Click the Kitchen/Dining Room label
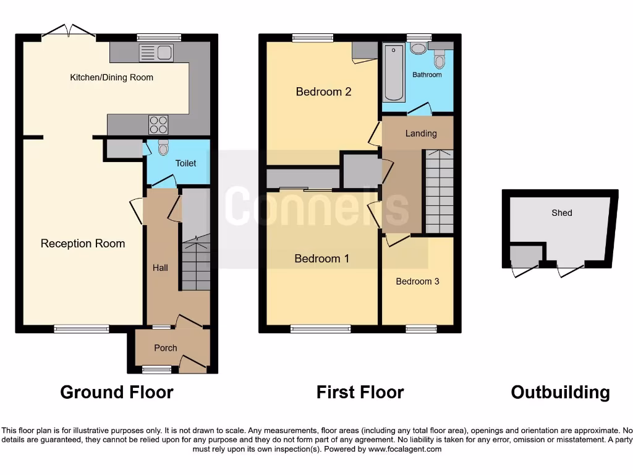coord(111,77)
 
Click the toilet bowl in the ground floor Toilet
coord(163,148)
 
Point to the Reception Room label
coord(83,244)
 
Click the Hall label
coord(160,268)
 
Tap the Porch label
coord(166,348)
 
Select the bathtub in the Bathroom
coord(394,72)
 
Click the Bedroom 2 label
coord(323,92)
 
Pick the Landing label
coord(421,134)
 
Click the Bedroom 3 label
coord(417,281)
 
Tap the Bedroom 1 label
coord(321,259)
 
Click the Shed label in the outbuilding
coord(562,213)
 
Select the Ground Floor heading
coord(117,392)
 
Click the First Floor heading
coord(360,392)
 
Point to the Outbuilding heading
coord(560,392)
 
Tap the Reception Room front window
coord(81,328)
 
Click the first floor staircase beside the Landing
coord(439,192)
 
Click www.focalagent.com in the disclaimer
coord(404,449)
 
